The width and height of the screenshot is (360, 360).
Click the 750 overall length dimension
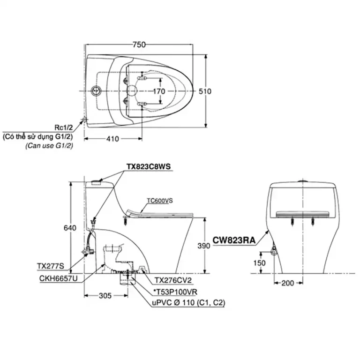click(139, 45)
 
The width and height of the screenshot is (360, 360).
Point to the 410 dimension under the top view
click(112, 139)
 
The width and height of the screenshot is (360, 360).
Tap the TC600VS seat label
click(160, 200)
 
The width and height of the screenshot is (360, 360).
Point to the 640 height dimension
click(69, 228)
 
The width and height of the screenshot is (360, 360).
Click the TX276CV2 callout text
click(174, 280)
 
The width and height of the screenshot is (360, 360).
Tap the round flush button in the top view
click(97, 90)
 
